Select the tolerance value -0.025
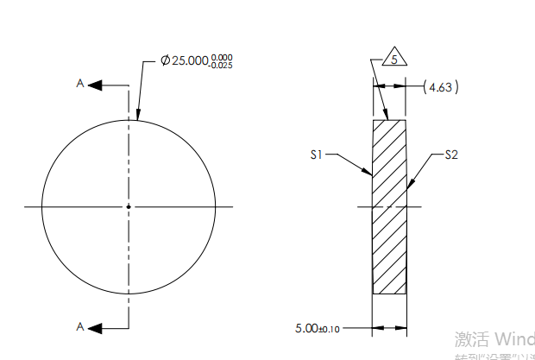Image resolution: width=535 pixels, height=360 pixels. pyautogui.click(x=222, y=67)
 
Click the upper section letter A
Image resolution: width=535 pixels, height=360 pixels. pyautogui.click(x=80, y=84)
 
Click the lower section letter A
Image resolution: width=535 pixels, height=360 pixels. pyautogui.click(x=80, y=326)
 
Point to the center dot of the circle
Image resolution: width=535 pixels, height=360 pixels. pyautogui.click(x=129, y=206)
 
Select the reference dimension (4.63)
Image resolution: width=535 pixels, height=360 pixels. pyautogui.click(x=442, y=86)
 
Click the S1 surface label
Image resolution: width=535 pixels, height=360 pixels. pyautogui.click(x=317, y=155)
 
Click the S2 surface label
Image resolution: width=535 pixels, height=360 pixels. pyautogui.click(x=450, y=155)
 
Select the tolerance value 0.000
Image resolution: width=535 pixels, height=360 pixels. pyautogui.click(x=222, y=58)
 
